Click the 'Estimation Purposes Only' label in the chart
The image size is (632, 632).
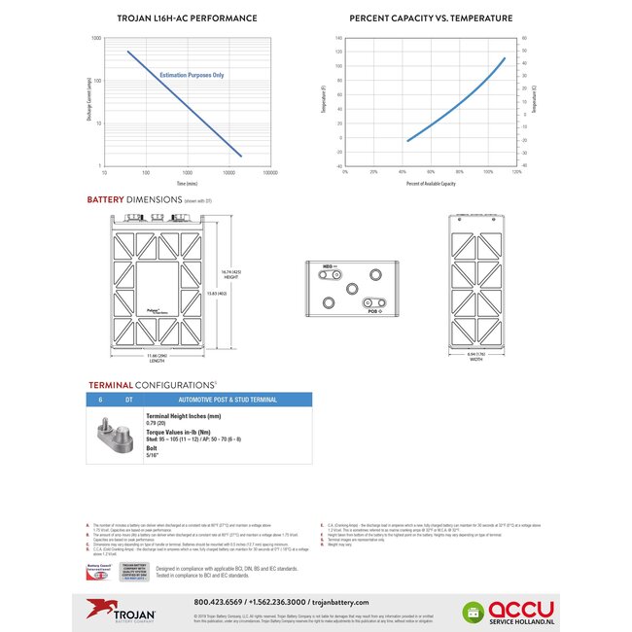point(192,74)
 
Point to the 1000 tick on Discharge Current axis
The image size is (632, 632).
point(96,38)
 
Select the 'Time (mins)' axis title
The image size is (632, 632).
point(187,183)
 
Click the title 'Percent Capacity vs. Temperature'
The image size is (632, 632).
point(431,18)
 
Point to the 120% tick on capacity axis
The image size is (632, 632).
point(516,172)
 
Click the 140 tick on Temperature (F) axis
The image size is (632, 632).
point(339,39)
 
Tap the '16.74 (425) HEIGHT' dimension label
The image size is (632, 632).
point(230,275)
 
